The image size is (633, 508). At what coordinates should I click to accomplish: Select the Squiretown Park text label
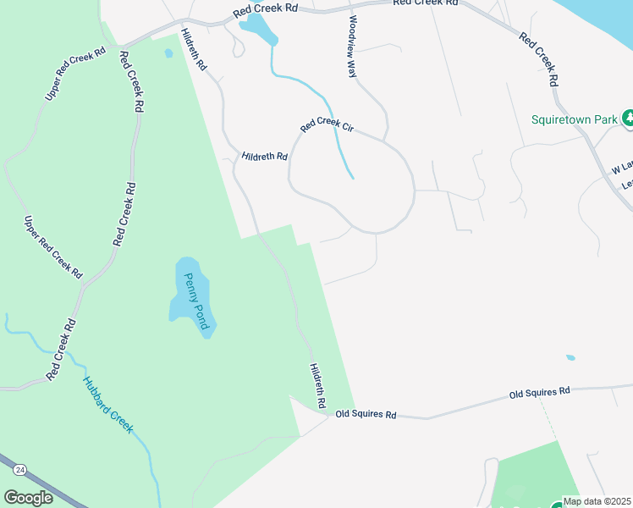(574, 119)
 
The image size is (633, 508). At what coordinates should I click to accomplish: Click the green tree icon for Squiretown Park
(628, 118)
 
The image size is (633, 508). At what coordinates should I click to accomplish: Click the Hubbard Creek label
(107, 404)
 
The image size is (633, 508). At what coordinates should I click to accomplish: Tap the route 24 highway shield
(20, 468)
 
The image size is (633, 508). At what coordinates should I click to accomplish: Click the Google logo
(28, 498)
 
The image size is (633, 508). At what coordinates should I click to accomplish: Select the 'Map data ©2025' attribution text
(597, 501)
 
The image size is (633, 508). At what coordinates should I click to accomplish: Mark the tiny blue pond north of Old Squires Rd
(570, 357)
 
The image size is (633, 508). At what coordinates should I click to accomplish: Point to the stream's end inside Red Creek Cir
(352, 178)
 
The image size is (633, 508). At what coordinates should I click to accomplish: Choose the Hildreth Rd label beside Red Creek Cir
(264, 156)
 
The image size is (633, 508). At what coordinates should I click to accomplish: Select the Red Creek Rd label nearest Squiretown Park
(539, 59)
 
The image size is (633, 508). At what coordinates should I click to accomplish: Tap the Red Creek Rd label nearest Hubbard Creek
(61, 348)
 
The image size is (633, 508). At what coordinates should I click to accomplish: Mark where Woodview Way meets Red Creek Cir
(385, 138)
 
